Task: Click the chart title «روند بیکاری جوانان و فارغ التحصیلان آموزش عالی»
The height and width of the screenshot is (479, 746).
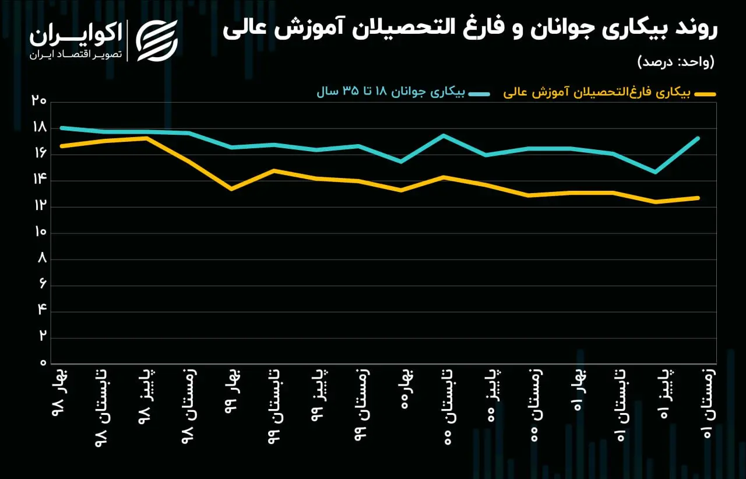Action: tap(470, 29)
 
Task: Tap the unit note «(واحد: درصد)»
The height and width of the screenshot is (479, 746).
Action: tap(675, 62)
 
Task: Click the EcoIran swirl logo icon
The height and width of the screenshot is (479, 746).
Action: tap(157, 41)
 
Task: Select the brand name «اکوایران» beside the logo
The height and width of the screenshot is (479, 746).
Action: tap(76, 34)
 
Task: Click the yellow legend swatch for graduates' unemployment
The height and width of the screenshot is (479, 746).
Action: tap(705, 95)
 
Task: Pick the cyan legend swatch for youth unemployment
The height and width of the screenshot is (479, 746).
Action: tap(479, 95)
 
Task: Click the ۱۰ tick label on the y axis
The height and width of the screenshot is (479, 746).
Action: tap(40, 232)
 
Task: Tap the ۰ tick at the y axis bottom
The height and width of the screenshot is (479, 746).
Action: tap(43, 363)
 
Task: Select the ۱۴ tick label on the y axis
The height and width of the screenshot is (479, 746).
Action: tap(40, 179)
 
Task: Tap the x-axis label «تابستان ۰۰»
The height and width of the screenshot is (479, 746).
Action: tap(448, 407)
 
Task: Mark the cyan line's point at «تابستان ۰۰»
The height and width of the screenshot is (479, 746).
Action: tap(444, 135)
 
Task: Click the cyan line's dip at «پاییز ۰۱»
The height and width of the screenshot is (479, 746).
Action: tap(656, 172)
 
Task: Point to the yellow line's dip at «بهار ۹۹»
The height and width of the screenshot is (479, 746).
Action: tap(231, 190)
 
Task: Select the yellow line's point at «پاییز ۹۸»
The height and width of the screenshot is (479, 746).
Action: tap(146, 138)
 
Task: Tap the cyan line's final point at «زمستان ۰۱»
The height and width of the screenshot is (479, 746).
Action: tap(698, 138)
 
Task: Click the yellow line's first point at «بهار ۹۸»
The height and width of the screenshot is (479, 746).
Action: tap(62, 146)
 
